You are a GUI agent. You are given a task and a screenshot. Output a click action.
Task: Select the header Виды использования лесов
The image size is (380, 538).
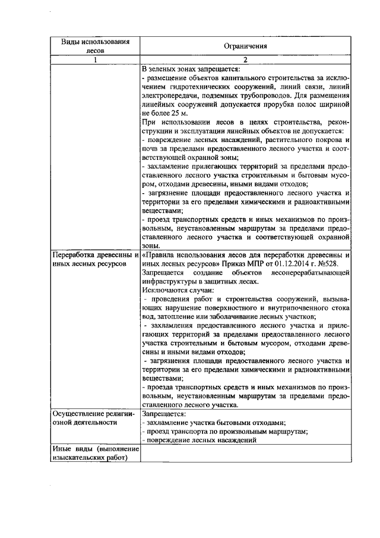[x=95, y=46]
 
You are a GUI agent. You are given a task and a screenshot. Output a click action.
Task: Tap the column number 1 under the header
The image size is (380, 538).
[x=95, y=59]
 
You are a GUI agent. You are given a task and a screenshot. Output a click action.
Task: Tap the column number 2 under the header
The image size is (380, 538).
[x=245, y=59]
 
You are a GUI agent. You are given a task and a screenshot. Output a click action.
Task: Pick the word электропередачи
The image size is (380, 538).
[x=171, y=95]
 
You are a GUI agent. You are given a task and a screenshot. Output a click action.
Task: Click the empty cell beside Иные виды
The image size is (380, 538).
[x=245, y=454]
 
